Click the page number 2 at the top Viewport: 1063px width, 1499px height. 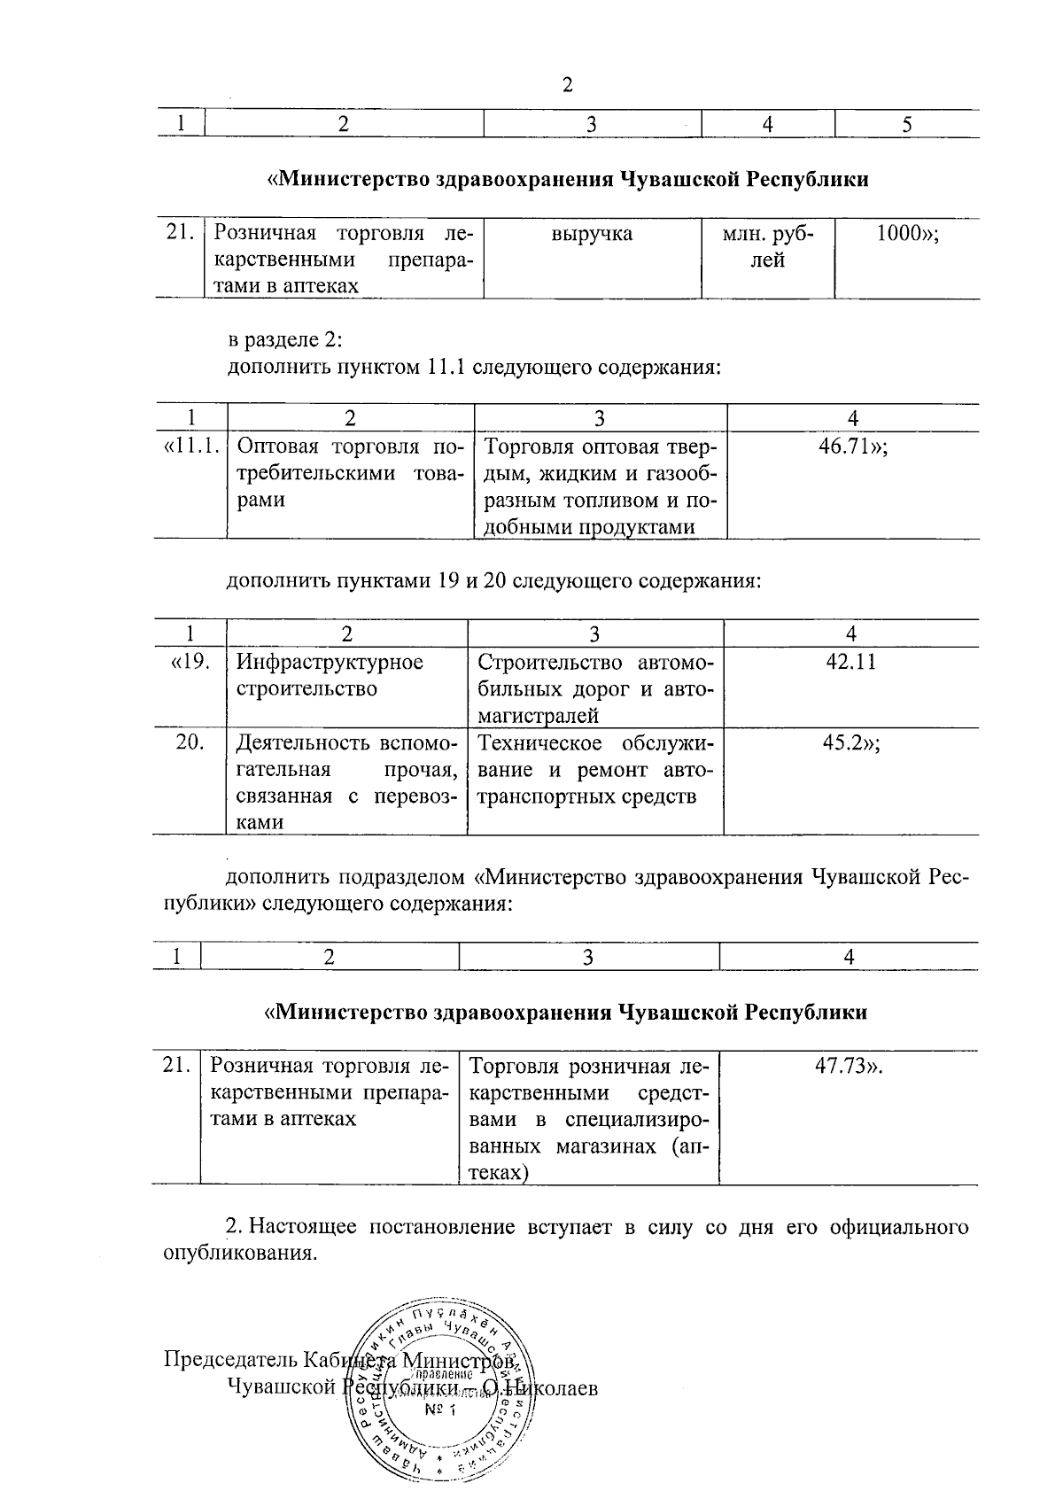(567, 85)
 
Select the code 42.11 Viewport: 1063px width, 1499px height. (850, 662)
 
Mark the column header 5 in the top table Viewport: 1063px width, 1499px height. (907, 125)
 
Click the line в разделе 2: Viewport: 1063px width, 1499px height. (279, 340)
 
